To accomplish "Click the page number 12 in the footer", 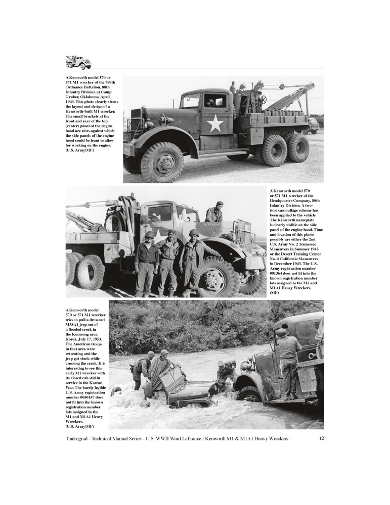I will coord(321,438).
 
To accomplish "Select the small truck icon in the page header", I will coord(78,62).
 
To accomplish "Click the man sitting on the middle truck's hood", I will coord(215,212).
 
